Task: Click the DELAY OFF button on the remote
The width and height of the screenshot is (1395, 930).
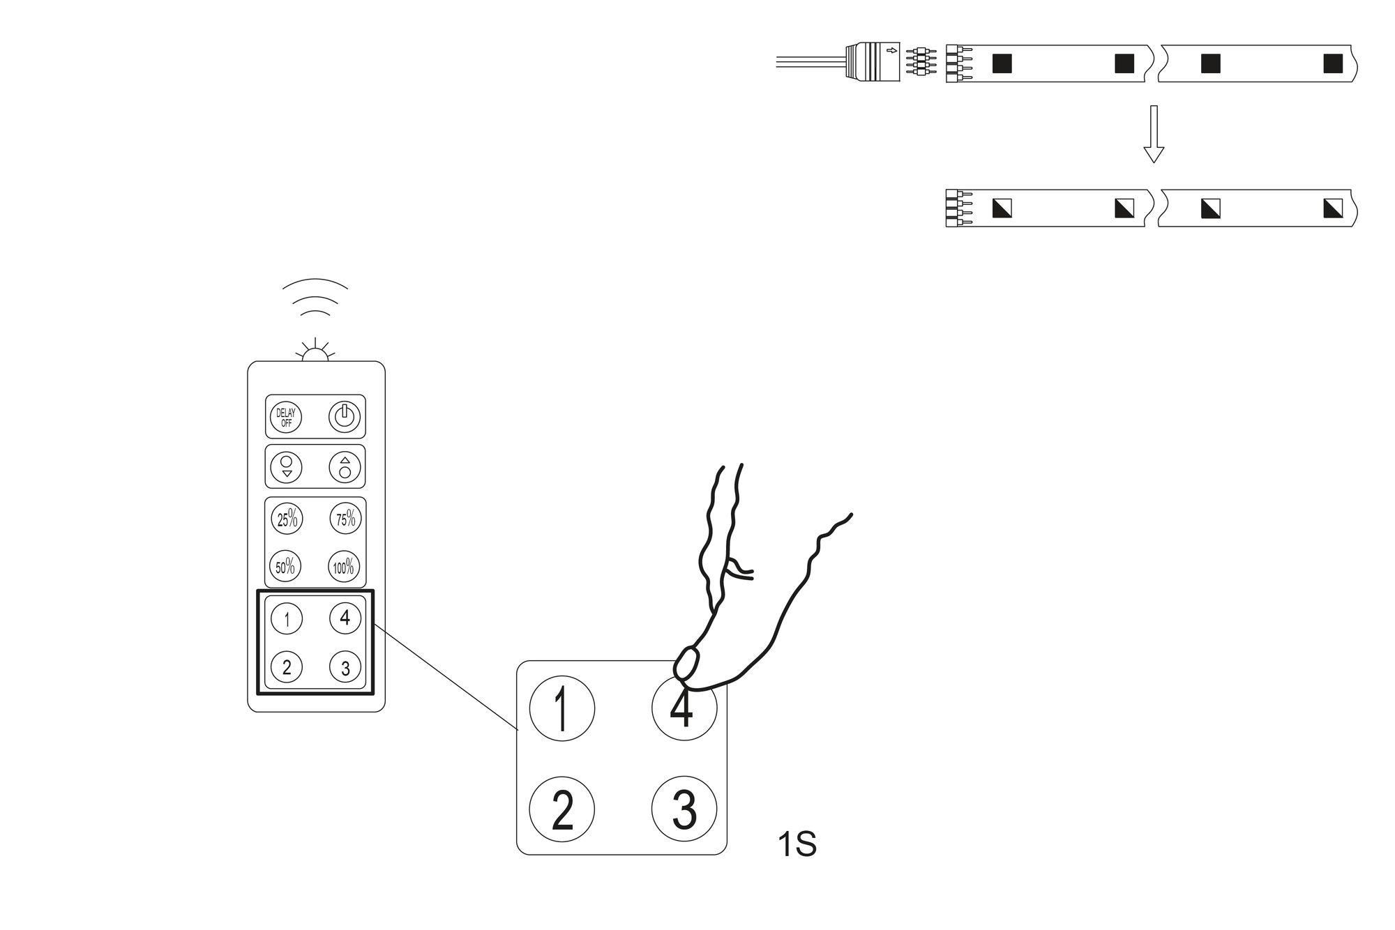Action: coord(286,417)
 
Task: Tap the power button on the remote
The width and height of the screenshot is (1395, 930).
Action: coord(345,417)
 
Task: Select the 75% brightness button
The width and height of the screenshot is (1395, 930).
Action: coord(345,519)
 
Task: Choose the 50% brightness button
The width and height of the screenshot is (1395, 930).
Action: coord(286,566)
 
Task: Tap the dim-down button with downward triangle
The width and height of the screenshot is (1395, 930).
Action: coord(286,466)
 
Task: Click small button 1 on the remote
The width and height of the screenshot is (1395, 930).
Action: coord(286,618)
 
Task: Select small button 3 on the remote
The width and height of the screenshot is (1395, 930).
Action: coord(345,668)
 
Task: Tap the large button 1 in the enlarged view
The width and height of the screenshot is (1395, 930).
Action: coord(562,708)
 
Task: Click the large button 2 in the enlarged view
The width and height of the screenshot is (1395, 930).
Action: coord(562,809)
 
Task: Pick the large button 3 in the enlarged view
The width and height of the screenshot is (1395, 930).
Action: coord(684,809)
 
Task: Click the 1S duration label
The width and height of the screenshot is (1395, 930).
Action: coord(797,845)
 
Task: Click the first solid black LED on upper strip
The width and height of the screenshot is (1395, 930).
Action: coord(1002,63)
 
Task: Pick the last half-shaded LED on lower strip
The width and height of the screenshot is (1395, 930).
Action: coord(1332,208)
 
